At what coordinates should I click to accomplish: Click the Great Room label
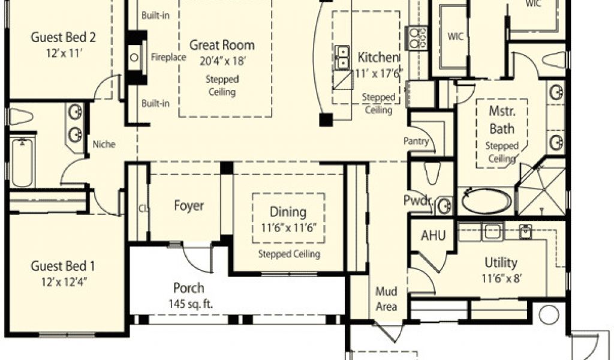[222, 45]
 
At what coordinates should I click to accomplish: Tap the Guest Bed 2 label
[63, 37]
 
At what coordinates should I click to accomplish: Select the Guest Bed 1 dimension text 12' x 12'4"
[64, 282]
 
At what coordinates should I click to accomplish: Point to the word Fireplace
[168, 57]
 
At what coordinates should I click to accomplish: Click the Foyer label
[189, 206]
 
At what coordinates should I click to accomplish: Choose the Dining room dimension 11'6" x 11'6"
[288, 228]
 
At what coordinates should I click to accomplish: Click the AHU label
[433, 235]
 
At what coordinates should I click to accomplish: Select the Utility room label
[501, 262]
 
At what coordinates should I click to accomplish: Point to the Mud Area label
[387, 299]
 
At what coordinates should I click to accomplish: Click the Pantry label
[416, 141]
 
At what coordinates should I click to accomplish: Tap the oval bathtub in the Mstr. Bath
[486, 201]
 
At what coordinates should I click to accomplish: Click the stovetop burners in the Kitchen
[418, 38]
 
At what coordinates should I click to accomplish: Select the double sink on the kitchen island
[342, 57]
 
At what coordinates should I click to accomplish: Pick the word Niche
[104, 144]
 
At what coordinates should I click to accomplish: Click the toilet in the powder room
[432, 172]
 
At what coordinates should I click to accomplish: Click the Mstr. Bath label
[502, 119]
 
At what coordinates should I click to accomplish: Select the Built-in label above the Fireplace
[155, 15]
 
